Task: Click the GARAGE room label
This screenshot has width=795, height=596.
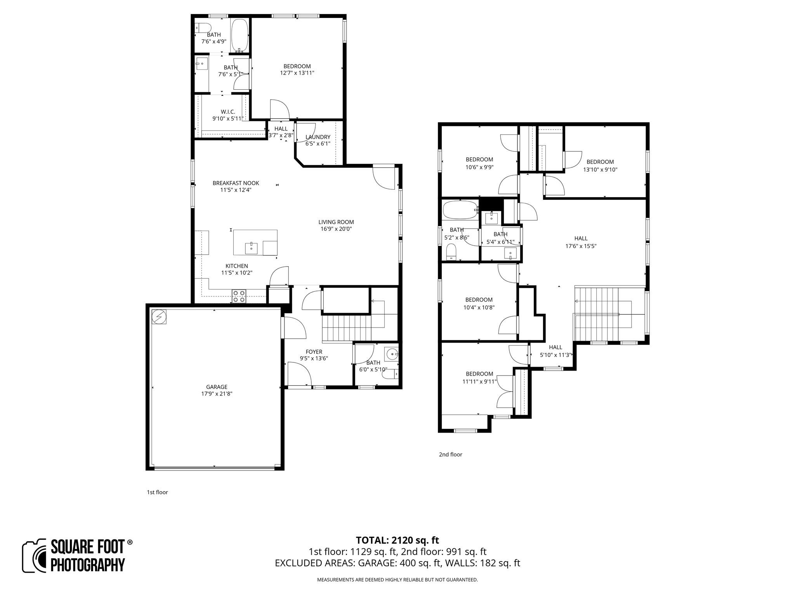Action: point(217,387)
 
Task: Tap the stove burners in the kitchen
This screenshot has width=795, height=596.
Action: point(238,296)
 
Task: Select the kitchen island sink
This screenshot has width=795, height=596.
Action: point(251,247)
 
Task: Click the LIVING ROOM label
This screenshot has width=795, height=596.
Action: point(336,222)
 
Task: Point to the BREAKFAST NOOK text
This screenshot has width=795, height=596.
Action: point(236,183)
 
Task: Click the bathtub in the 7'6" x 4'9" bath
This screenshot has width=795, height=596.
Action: point(239,35)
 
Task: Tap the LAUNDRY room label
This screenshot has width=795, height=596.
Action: point(318,137)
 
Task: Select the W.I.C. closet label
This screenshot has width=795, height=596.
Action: point(228,112)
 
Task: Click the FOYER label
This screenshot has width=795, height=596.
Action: point(314,352)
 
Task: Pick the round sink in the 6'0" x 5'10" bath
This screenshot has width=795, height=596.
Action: point(392,354)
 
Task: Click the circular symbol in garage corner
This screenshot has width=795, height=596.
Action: point(159,317)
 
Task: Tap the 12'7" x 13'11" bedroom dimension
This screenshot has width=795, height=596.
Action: point(297,73)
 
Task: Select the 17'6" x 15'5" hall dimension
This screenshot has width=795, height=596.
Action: point(581,246)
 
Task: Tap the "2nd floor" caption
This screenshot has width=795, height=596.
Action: point(450,454)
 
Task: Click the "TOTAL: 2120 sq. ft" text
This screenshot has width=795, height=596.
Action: point(397,540)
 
